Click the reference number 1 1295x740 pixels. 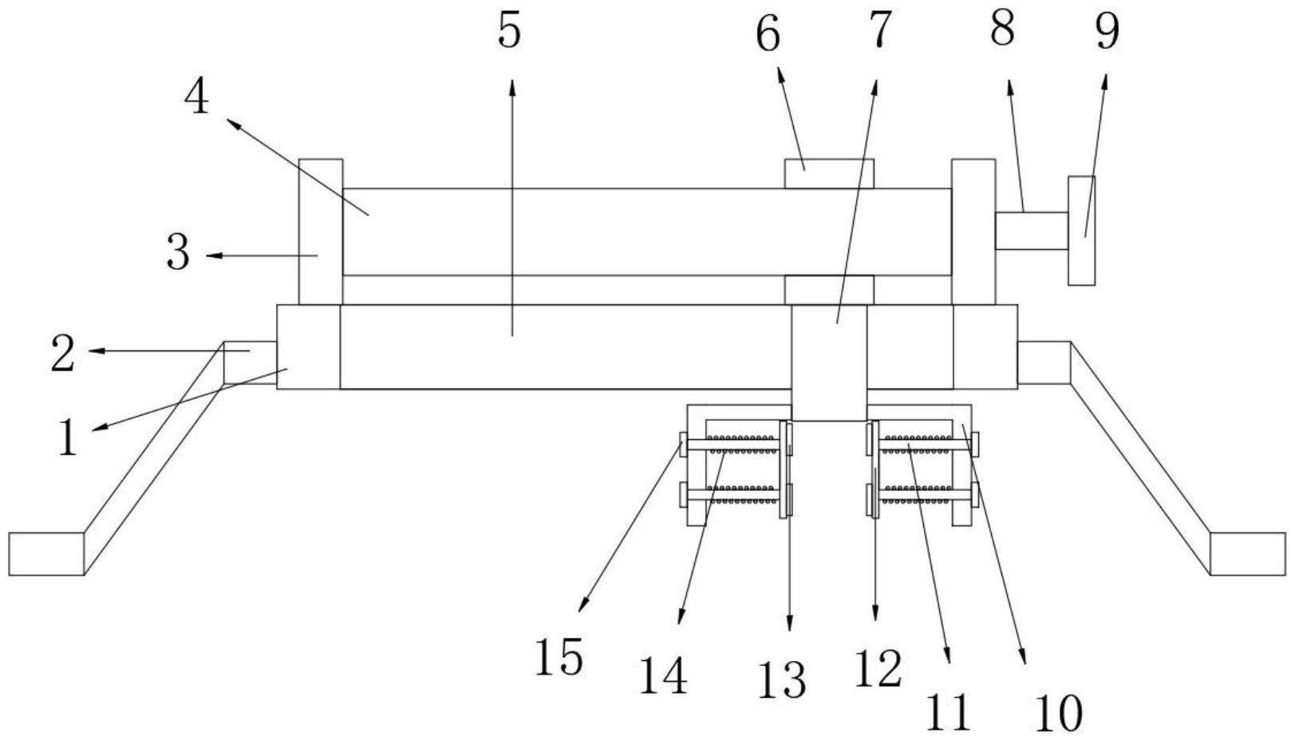point(69,438)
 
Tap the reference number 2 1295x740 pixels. point(63,354)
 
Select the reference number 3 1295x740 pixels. point(179,254)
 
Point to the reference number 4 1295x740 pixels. point(196,99)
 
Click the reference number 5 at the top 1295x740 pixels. point(508,32)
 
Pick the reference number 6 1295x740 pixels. point(768,35)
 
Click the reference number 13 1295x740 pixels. point(784,680)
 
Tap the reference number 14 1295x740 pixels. point(663,677)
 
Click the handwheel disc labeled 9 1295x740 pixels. point(1081,230)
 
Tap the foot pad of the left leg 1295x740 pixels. point(46,553)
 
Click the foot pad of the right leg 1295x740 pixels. point(1247,553)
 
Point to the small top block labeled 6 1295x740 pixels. point(828,173)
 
